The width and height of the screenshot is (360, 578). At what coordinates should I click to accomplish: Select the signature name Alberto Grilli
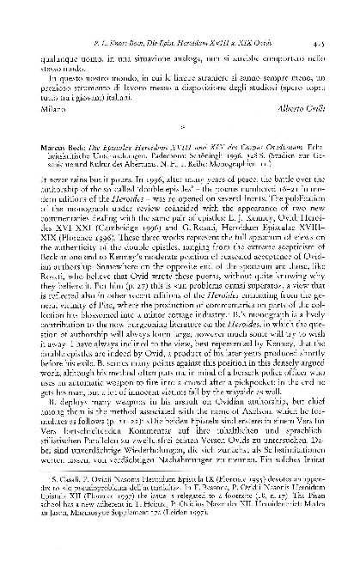coord(318,112)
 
